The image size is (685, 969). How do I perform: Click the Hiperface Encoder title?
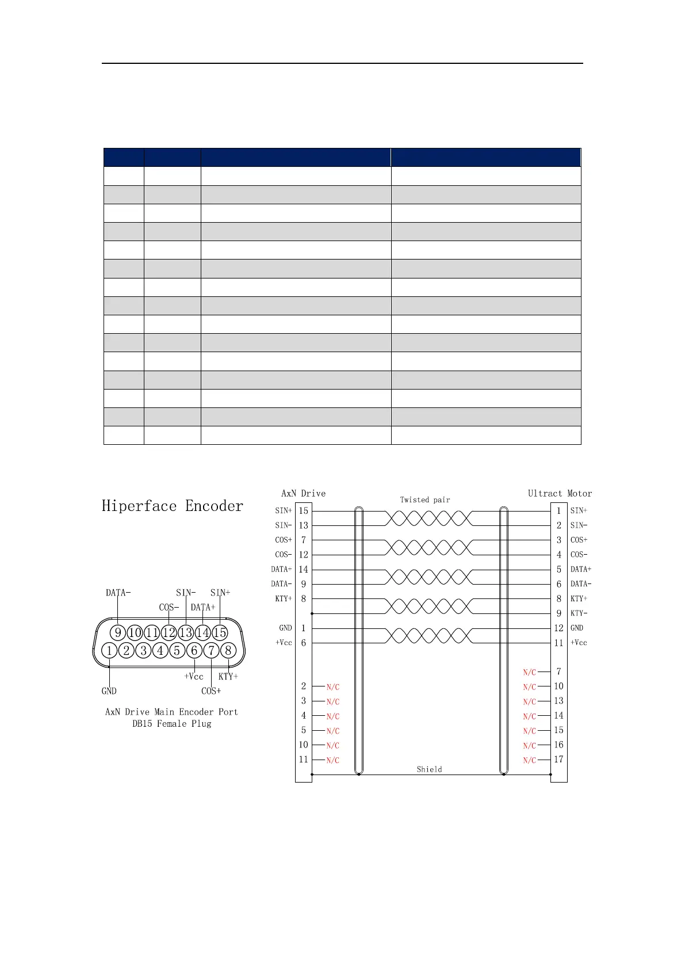click(x=173, y=506)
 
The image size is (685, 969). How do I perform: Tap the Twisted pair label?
click(x=425, y=499)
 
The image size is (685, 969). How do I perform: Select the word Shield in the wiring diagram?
click(x=429, y=769)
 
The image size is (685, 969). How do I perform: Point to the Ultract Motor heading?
click(x=560, y=493)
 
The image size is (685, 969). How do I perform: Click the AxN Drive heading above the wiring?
click(x=303, y=493)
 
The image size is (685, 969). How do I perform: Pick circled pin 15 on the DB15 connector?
click(x=220, y=632)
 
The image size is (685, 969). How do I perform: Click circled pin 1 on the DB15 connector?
click(x=109, y=650)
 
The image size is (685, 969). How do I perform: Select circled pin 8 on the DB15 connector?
click(x=228, y=650)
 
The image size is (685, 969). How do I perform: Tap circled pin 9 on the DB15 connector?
click(x=118, y=632)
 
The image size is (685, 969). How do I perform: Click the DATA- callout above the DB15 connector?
click(x=118, y=592)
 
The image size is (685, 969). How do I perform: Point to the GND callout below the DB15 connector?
click(x=109, y=691)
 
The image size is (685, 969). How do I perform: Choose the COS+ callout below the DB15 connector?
click(x=211, y=691)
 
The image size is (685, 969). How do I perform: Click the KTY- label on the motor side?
click(x=579, y=613)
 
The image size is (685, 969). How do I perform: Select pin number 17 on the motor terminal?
click(x=558, y=759)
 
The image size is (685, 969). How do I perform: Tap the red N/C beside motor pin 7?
click(x=529, y=672)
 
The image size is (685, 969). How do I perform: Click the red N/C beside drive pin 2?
click(x=332, y=687)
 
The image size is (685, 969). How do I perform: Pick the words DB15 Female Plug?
click(x=172, y=723)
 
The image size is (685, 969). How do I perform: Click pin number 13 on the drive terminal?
click(x=303, y=525)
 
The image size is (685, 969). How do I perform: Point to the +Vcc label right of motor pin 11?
click(x=579, y=643)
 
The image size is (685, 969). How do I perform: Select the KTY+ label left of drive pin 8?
click(x=283, y=598)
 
